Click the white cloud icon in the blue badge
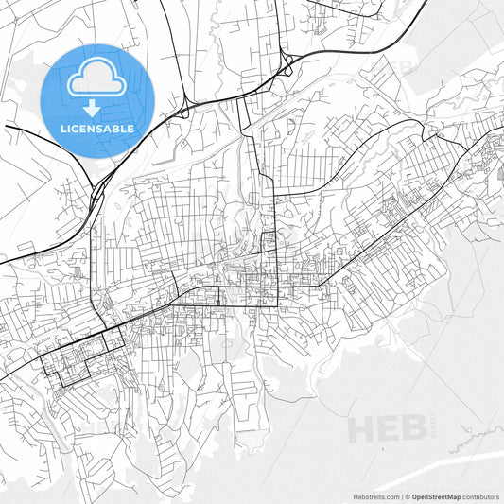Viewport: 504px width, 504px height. [x=97, y=77]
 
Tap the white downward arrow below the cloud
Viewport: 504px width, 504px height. [x=97, y=107]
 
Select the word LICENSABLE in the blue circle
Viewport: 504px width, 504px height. [x=97, y=127]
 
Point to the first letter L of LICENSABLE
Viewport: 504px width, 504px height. [x=63, y=127]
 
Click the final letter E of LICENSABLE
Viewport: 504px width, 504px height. [x=130, y=127]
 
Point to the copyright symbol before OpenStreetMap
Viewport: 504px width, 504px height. [x=409, y=495]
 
